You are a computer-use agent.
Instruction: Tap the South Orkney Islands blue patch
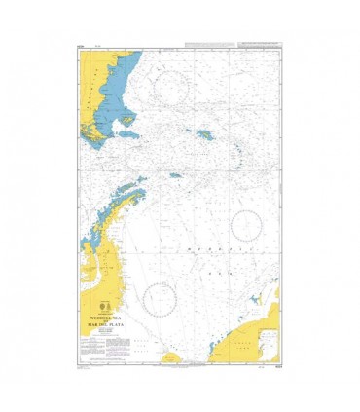(176, 176)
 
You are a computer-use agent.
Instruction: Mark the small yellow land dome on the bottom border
(171, 359)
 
